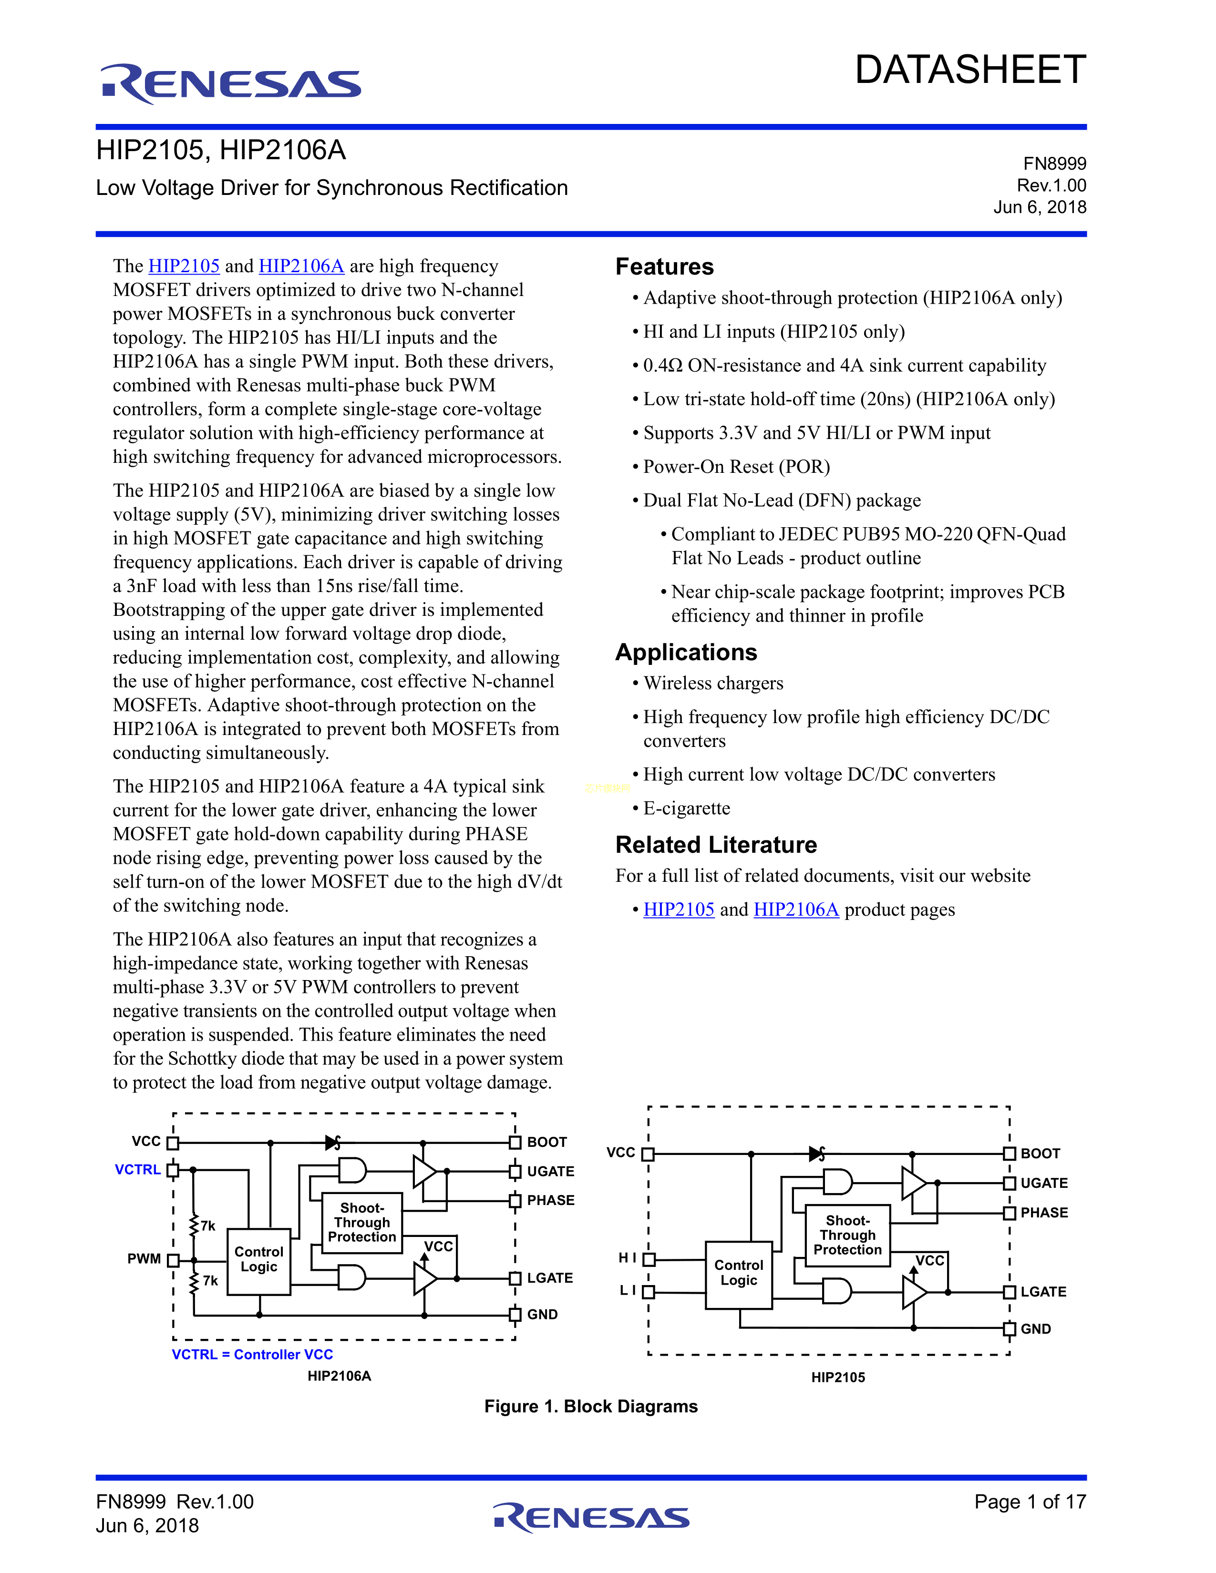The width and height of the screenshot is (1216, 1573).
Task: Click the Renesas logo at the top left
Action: (230, 83)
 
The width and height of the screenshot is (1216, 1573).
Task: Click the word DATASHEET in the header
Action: (969, 70)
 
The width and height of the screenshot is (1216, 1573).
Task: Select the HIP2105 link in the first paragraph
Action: (184, 266)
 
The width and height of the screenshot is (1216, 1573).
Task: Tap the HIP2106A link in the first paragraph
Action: (301, 266)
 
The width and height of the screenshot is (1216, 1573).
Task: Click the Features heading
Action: (664, 266)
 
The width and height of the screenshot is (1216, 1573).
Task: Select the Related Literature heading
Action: (716, 844)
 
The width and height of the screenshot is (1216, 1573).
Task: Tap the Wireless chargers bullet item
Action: (713, 683)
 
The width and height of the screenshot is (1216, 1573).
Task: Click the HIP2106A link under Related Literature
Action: (796, 909)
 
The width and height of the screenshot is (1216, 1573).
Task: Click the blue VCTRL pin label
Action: (138, 1170)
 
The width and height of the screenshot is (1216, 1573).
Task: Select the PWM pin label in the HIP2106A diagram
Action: (144, 1259)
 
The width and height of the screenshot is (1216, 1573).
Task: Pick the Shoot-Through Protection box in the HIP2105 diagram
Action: (847, 1235)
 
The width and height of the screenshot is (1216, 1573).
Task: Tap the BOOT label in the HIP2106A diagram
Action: (547, 1142)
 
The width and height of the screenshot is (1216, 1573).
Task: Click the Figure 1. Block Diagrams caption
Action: (591, 1407)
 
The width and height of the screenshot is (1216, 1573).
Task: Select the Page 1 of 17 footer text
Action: (1030, 1501)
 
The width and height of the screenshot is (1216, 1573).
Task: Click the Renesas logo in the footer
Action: (591, 1518)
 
